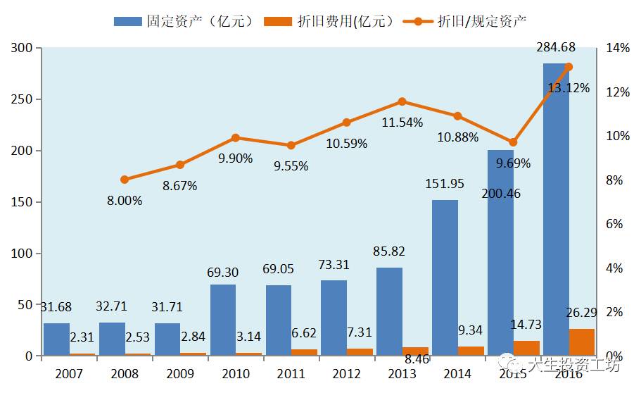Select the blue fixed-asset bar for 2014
point(445,278)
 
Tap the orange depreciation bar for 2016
point(582,342)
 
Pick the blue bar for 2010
point(223,320)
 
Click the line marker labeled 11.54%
point(402,101)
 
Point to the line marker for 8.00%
point(125,180)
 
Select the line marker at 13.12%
point(569,67)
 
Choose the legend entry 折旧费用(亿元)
point(330,21)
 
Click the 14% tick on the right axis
point(617,48)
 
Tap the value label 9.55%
point(291,166)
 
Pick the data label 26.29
point(582,312)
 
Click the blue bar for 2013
point(389,312)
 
